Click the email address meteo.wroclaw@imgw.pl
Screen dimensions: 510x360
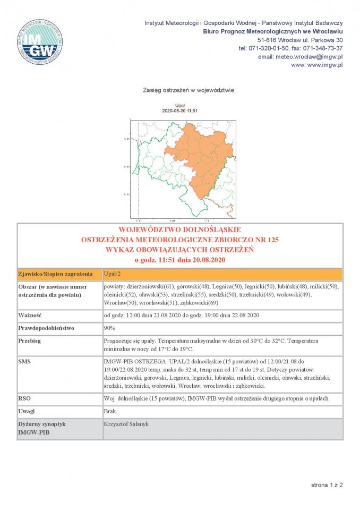click(x=300, y=56)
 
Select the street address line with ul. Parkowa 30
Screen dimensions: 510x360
click(x=299, y=40)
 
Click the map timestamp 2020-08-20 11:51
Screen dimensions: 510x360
click(x=179, y=110)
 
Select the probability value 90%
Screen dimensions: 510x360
click(x=110, y=328)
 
